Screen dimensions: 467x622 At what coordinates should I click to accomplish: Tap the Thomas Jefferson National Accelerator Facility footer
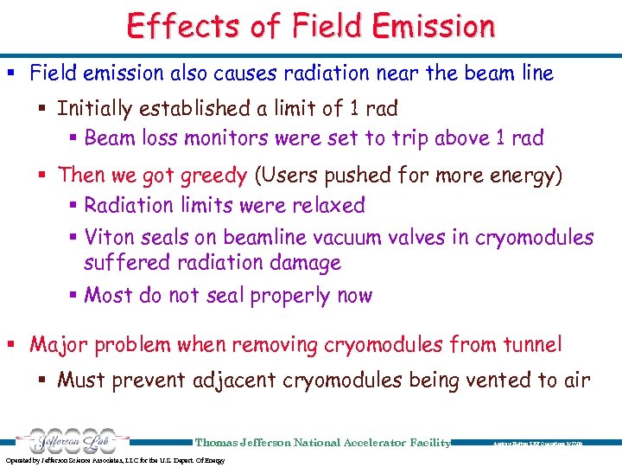[x=323, y=442]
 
